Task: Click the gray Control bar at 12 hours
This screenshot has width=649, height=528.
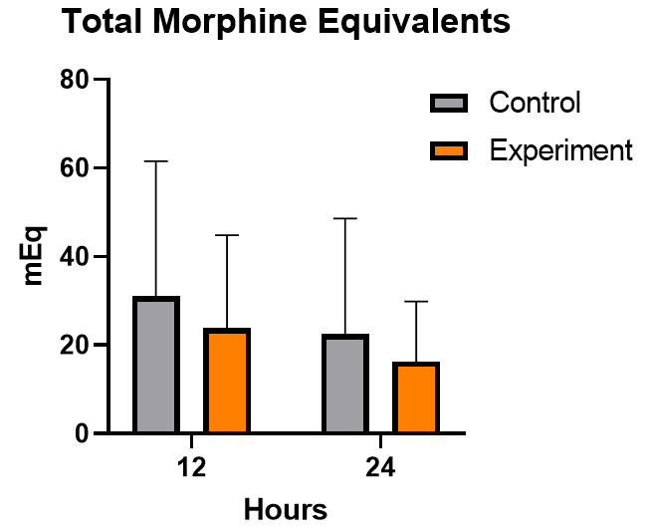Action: coord(155,365)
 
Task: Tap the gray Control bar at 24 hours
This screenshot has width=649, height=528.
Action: coord(344,384)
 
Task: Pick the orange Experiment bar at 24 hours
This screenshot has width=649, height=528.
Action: coord(416,397)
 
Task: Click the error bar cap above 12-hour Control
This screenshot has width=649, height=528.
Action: coord(155,160)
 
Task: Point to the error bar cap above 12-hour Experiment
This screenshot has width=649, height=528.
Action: coord(227,235)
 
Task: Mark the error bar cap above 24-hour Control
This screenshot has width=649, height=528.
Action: coord(344,218)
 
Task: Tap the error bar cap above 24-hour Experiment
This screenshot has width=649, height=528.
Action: coord(416,301)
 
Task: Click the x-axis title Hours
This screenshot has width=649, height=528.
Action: coord(285,509)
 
